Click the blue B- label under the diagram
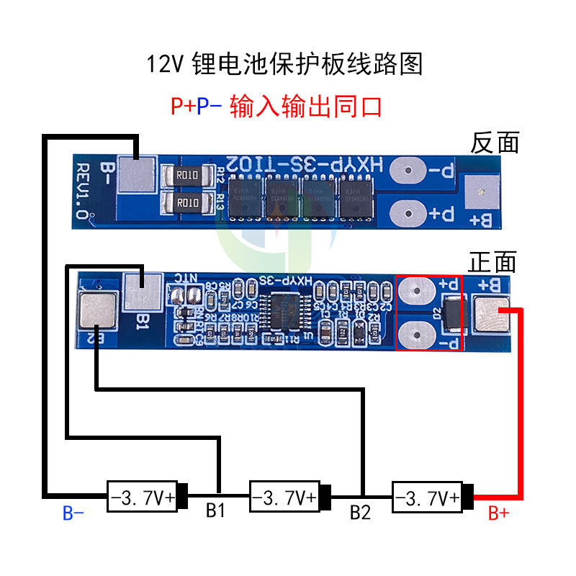pos(73,513)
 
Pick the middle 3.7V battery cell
pos(285,497)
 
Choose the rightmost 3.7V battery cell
pos(427,497)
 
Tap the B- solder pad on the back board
pos(136,175)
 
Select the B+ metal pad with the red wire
pos(491,315)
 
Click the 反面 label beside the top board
pos(495,143)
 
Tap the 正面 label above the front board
pos(492,261)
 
